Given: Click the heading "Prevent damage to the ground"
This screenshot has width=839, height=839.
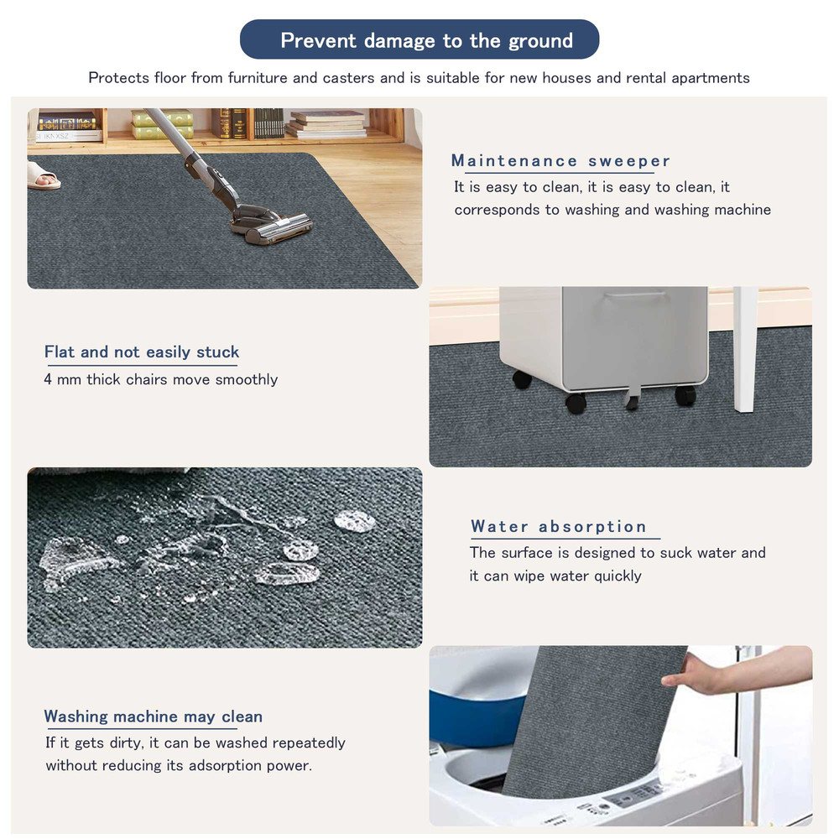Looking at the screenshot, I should tap(426, 40).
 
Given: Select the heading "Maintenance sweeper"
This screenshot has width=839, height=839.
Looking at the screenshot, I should tap(560, 161).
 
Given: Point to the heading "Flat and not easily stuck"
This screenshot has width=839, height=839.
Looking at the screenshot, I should tap(142, 352).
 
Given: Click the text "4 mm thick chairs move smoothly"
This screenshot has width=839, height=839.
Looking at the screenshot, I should tap(160, 379).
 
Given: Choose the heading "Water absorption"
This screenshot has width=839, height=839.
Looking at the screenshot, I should tap(559, 527).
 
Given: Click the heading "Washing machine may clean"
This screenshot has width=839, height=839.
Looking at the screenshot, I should tap(153, 717).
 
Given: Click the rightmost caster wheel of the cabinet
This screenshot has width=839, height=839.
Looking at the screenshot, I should tap(685, 395).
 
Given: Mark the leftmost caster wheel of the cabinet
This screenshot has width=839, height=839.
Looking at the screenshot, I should tap(522, 379).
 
